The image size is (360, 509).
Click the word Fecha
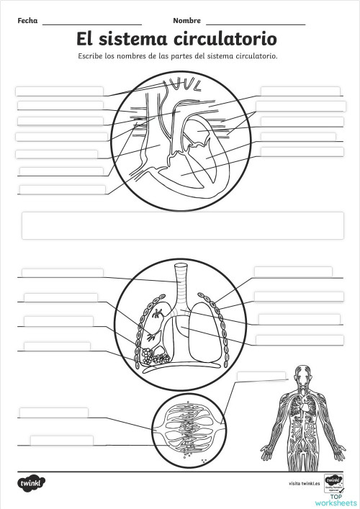[x=27, y=20]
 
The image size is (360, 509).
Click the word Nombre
[x=186, y=20]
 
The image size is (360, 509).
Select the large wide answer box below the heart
[x=182, y=225]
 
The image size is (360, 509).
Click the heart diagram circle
[x=183, y=140]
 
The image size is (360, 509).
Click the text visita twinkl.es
[x=302, y=485]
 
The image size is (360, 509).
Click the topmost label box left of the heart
[x=59, y=91]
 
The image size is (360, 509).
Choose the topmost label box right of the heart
[x=300, y=91]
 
